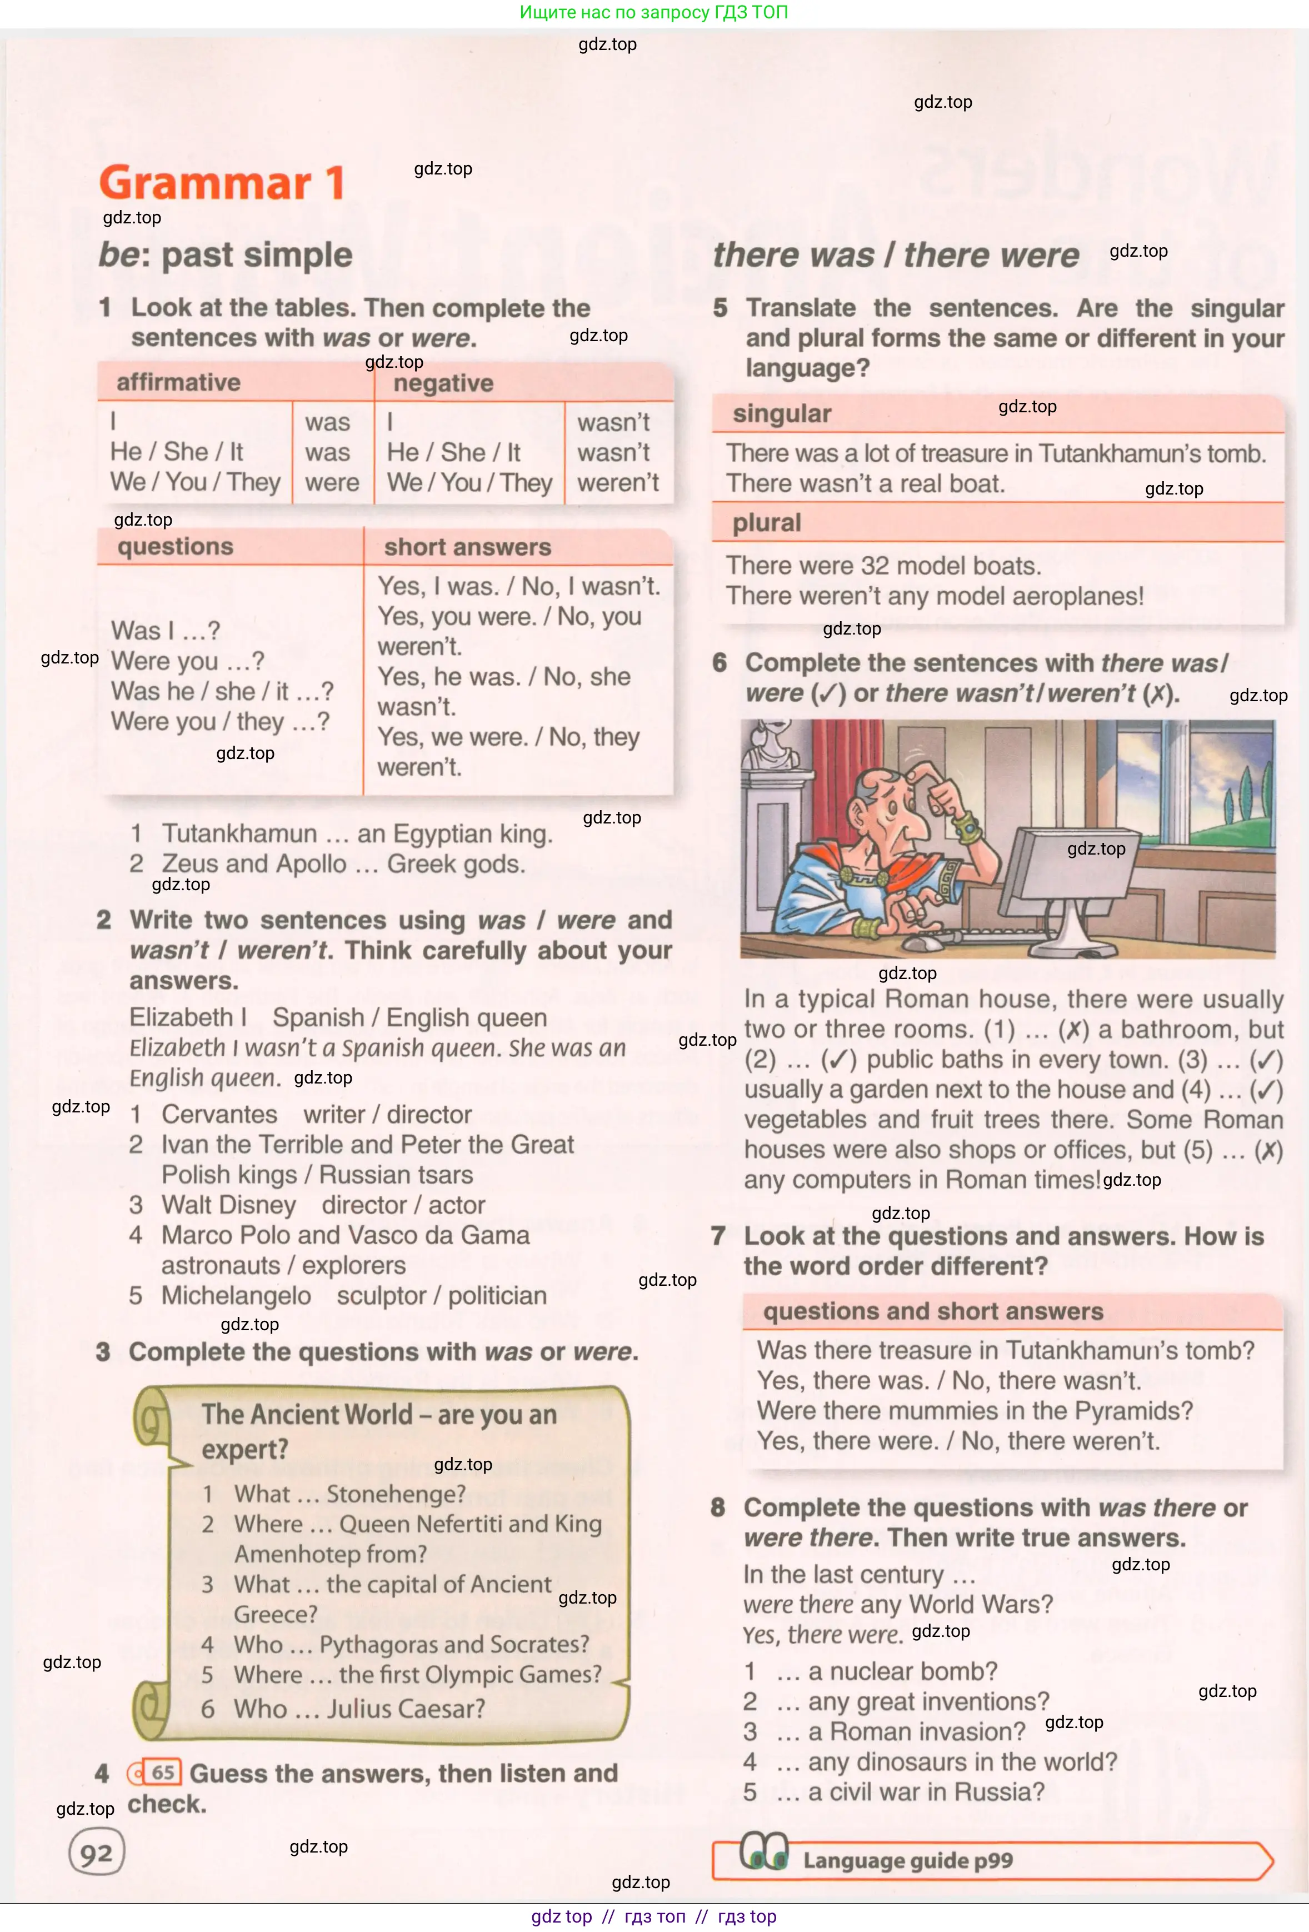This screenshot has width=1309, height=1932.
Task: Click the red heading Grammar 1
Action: [222, 182]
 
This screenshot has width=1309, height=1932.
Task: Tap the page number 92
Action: [97, 1853]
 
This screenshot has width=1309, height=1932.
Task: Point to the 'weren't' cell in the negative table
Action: [617, 483]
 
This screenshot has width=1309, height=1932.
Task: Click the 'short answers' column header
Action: [467, 547]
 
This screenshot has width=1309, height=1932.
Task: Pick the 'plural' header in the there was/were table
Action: [766, 523]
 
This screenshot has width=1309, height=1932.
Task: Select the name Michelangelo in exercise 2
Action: [236, 1295]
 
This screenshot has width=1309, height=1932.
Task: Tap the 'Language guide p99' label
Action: [907, 1860]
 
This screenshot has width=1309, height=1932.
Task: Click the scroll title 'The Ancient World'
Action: [307, 1414]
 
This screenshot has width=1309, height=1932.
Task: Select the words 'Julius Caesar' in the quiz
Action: [406, 1709]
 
